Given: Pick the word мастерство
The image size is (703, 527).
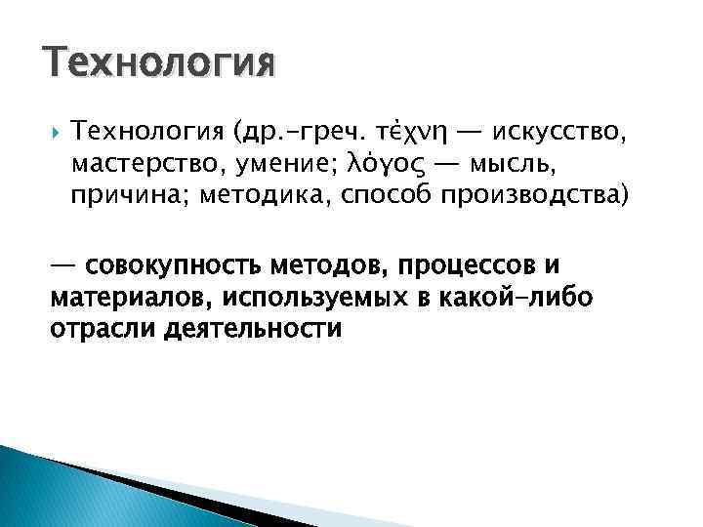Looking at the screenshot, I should click(147, 163).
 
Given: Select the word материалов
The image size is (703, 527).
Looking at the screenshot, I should click(131, 297).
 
